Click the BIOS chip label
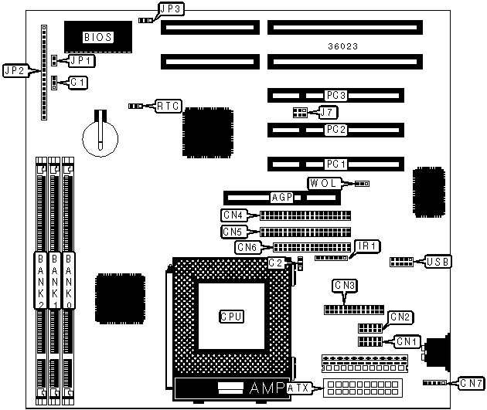97,36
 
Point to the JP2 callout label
16,70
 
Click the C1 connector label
78,81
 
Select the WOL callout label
323,183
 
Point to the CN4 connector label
233,215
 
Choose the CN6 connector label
247,247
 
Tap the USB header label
438,262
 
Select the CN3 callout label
345,286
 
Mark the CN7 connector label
470,382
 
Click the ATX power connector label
298,388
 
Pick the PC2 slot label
335,129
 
